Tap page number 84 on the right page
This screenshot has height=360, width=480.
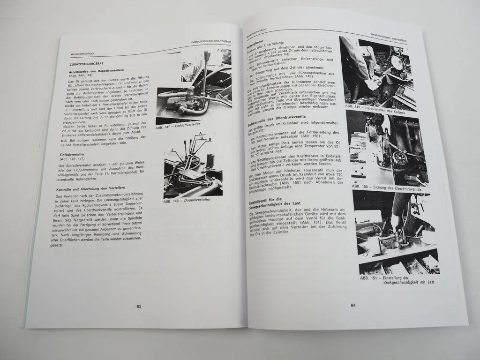(352, 305)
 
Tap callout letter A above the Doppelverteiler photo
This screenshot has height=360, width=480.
(200, 134)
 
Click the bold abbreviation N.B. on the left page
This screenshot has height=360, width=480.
(64, 141)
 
